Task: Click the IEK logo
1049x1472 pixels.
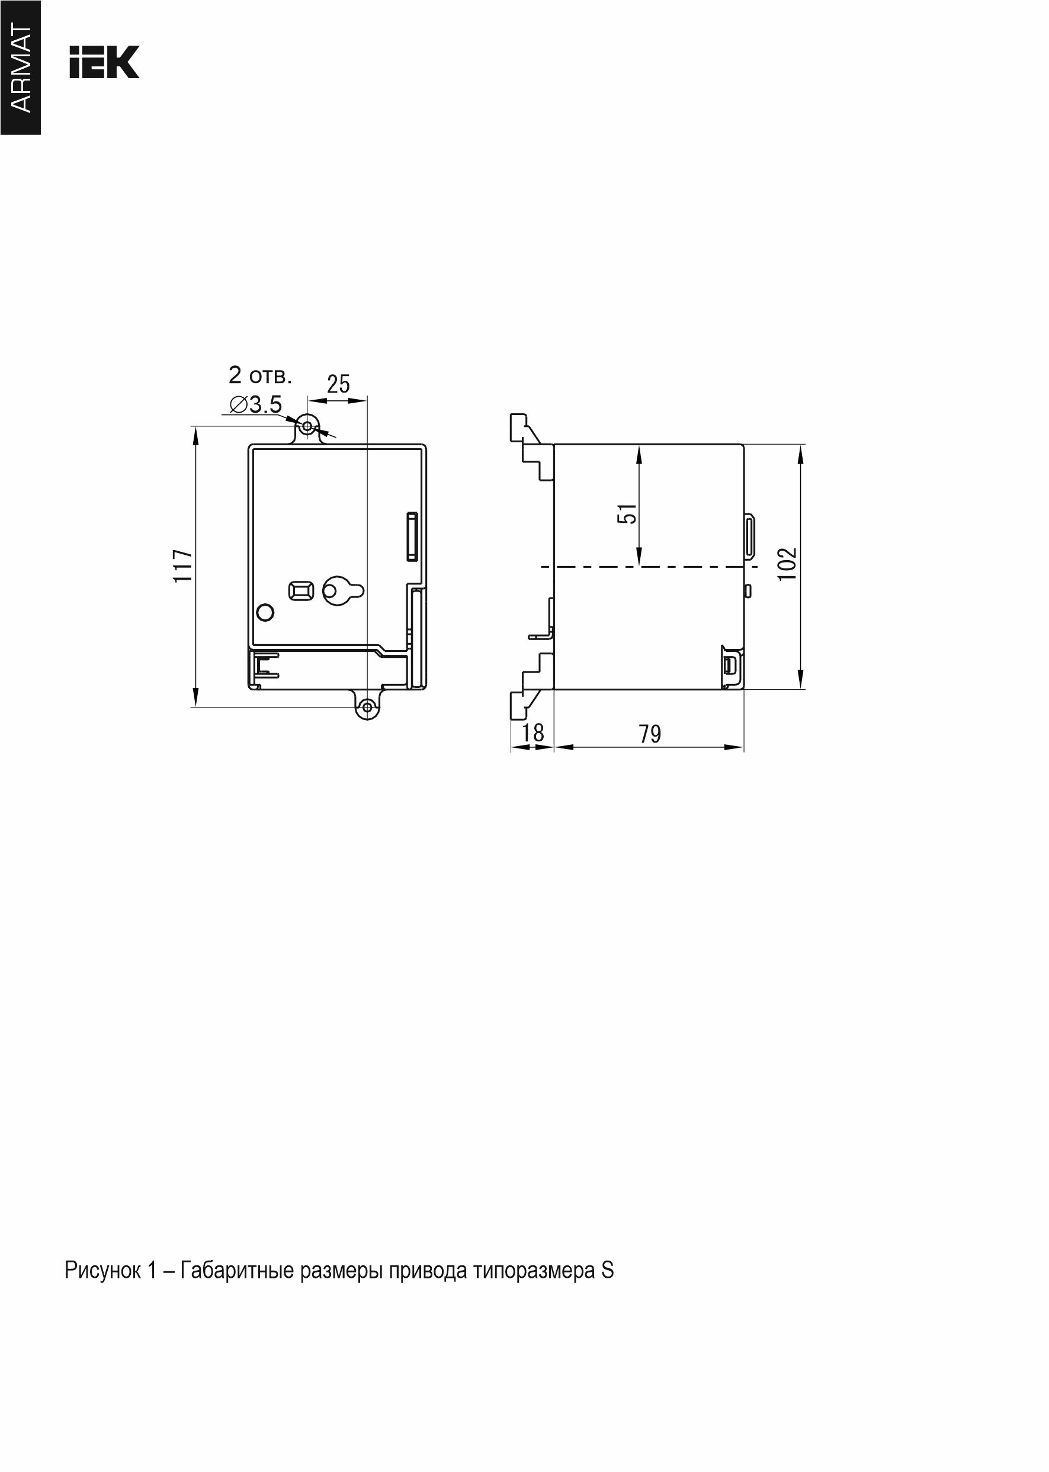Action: (104, 63)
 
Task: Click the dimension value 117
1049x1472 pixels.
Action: (183, 565)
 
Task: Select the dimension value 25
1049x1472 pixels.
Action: (338, 384)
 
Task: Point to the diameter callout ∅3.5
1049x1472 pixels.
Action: (256, 405)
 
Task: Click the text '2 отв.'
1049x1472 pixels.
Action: (260, 374)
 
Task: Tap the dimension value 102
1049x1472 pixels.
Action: (787, 564)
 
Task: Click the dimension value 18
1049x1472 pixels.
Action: (533, 733)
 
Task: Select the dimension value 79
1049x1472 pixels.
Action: (650, 734)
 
